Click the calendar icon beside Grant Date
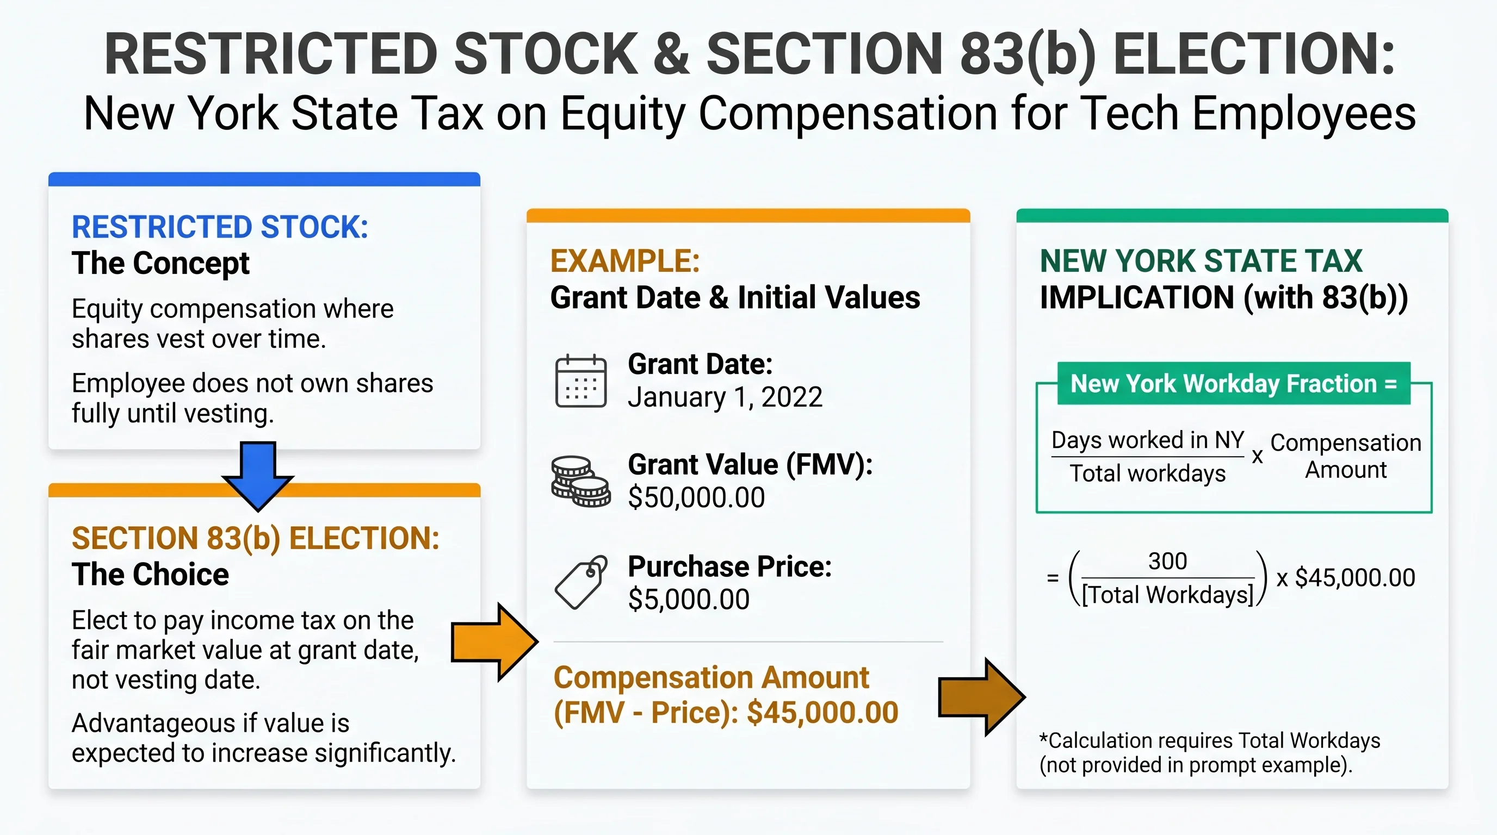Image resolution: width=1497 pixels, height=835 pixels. click(x=580, y=382)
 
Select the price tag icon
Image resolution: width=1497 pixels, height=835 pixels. click(x=580, y=582)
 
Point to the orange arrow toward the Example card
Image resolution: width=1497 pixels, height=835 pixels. click(x=494, y=642)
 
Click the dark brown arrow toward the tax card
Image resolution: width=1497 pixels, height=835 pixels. click(x=981, y=697)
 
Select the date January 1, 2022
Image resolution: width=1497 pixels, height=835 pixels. click(x=725, y=398)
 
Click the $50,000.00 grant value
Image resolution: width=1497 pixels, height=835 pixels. click(x=696, y=497)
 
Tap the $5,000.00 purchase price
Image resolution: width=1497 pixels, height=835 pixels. click(x=689, y=599)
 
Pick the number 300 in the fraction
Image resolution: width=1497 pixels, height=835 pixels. click(x=1167, y=562)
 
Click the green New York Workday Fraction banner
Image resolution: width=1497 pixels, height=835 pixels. click(x=1233, y=384)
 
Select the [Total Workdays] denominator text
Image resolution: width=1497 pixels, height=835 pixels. click(x=1167, y=595)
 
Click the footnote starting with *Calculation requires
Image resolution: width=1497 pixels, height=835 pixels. click(x=1209, y=752)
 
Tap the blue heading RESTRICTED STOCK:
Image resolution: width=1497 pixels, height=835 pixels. click(x=220, y=227)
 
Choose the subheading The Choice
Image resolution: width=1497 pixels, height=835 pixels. click(x=151, y=574)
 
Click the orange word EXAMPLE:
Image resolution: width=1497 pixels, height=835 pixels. click(x=624, y=261)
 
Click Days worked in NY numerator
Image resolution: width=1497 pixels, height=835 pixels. click(x=1148, y=440)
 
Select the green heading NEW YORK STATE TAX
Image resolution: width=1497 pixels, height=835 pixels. click(x=1201, y=261)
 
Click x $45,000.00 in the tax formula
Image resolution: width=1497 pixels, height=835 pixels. click(x=1345, y=578)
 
